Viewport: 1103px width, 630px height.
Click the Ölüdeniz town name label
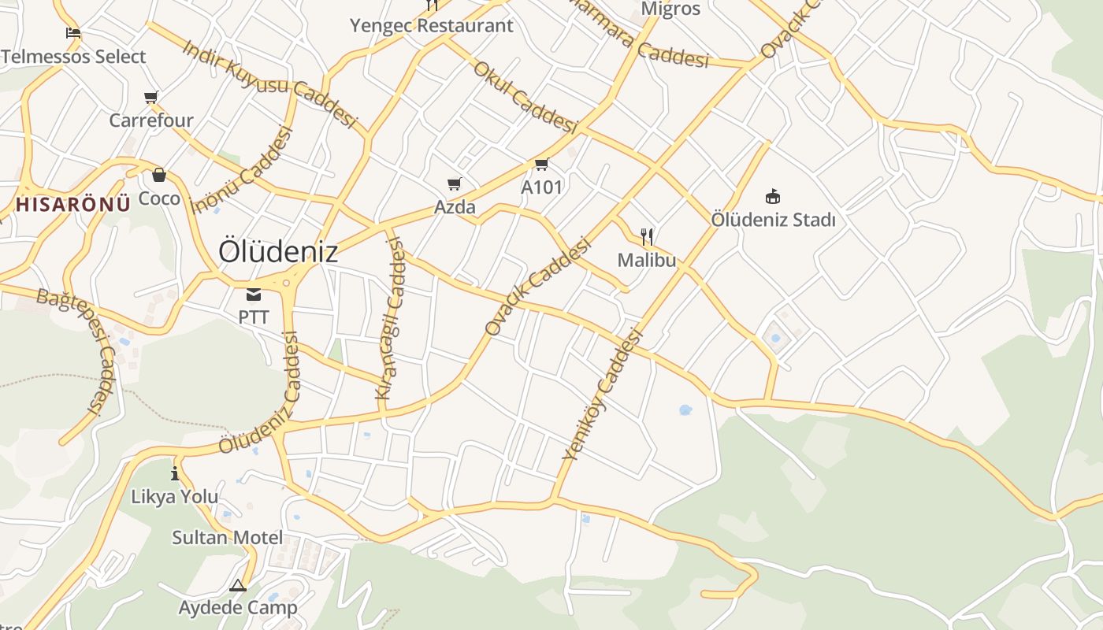[x=278, y=252]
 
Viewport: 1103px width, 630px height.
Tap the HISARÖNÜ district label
[x=73, y=205]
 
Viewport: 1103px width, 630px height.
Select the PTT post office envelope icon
[x=254, y=295]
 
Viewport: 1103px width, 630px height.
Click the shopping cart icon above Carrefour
[x=151, y=98]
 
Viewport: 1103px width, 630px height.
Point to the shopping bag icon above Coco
[x=159, y=175]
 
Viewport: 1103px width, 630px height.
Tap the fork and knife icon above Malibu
[x=647, y=236]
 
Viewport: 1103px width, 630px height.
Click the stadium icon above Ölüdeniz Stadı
[x=773, y=196]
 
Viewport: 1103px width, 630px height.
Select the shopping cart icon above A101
[x=541, y=165]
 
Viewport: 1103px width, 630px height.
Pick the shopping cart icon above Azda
[x=455, y=184]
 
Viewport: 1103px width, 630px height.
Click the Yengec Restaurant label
[x=432, y=25]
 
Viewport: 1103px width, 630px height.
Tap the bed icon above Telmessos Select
[x=73, y=33]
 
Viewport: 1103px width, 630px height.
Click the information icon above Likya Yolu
[x=175, y=473]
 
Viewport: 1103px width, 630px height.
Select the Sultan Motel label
[x=228, y=538]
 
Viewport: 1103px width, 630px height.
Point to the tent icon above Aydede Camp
[x=238, y=585]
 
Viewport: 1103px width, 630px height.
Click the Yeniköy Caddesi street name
[x=603, y=395]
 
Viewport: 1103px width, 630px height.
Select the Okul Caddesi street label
[x=526, y=96]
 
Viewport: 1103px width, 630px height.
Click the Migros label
[x=670, y=9]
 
